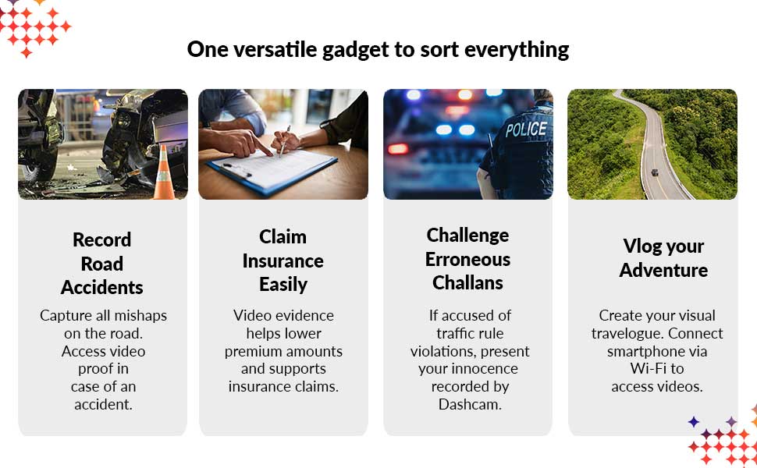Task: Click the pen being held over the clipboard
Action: click(285, 140)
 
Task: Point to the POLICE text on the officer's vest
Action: click(526, 129)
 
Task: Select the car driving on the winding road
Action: click(654, 172)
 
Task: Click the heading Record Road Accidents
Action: click(102, 264)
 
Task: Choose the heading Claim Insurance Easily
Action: click(283, 261)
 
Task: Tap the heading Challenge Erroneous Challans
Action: click(467, 259)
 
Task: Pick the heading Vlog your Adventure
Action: click(663, 257)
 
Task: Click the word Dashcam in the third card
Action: click(470, 404)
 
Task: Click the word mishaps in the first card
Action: click(140, 316)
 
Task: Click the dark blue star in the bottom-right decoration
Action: click(694, 422)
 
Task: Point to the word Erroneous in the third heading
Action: click(467, 259)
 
